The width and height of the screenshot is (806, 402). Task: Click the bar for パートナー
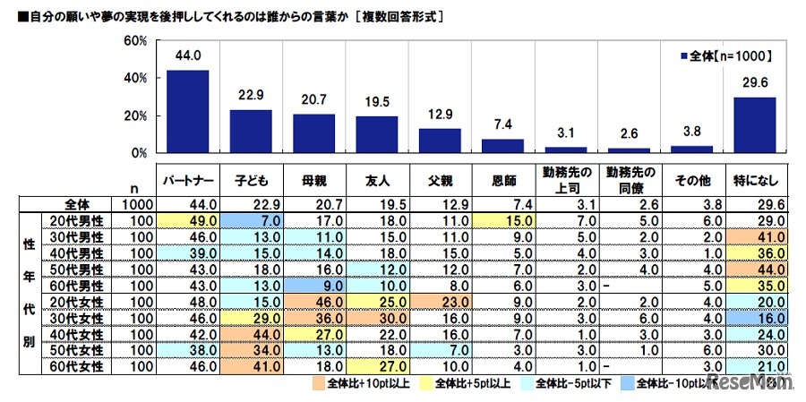[x=188, y=112]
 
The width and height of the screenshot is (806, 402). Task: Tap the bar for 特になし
[x=755, y=125]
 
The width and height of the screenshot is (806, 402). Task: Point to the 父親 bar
[x=441, y=141]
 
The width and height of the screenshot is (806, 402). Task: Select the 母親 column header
[x=314, y=179]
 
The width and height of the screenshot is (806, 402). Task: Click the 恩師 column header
[x=502, y=179]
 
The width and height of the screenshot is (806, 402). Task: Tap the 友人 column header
[x=377, y=179]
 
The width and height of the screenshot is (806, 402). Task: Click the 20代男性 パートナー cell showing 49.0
[x=189, y=219]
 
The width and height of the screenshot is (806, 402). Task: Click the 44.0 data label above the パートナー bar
[x=188, y=56]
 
